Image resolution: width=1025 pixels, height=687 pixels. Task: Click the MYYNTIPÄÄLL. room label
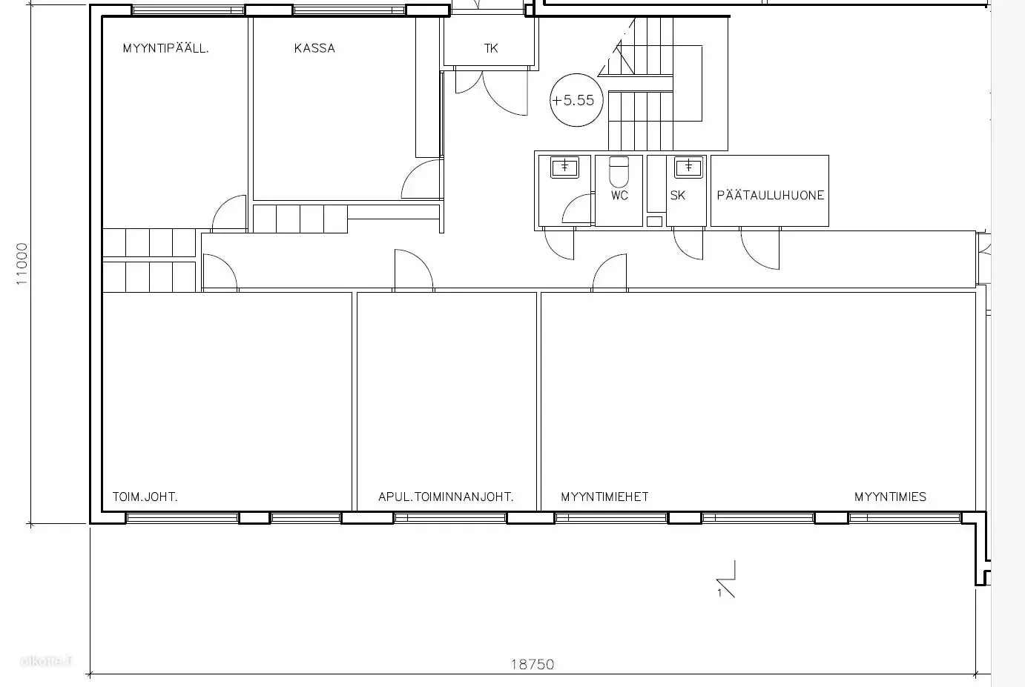click(165, 48)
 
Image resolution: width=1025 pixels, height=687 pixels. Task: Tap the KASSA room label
click(314, 48)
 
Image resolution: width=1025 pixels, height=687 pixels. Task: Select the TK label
click(490, 48)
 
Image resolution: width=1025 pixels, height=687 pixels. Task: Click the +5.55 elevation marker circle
click(576, 100)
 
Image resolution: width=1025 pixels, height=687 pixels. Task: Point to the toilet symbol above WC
click(619, 171)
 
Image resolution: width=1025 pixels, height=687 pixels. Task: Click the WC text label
click(619, 195)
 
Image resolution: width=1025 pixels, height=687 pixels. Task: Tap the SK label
click(678, 195)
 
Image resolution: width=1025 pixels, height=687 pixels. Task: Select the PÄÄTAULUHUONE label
click(770, 195)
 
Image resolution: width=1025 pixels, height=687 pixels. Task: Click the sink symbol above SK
click(689, 167)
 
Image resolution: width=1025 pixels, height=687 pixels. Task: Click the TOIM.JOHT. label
click(145, 497)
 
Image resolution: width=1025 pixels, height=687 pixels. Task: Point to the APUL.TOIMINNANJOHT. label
click(446, 497)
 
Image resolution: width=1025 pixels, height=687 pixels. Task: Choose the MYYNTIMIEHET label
click(604, 497)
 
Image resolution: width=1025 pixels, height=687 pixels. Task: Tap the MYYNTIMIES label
click(890, 497)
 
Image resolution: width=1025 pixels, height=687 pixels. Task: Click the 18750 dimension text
click(533, 664)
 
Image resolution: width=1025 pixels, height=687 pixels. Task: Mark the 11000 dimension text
click(22, 264)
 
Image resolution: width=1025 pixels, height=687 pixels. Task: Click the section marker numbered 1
click(726, 580)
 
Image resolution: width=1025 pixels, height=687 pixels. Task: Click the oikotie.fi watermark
click(46, 660)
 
